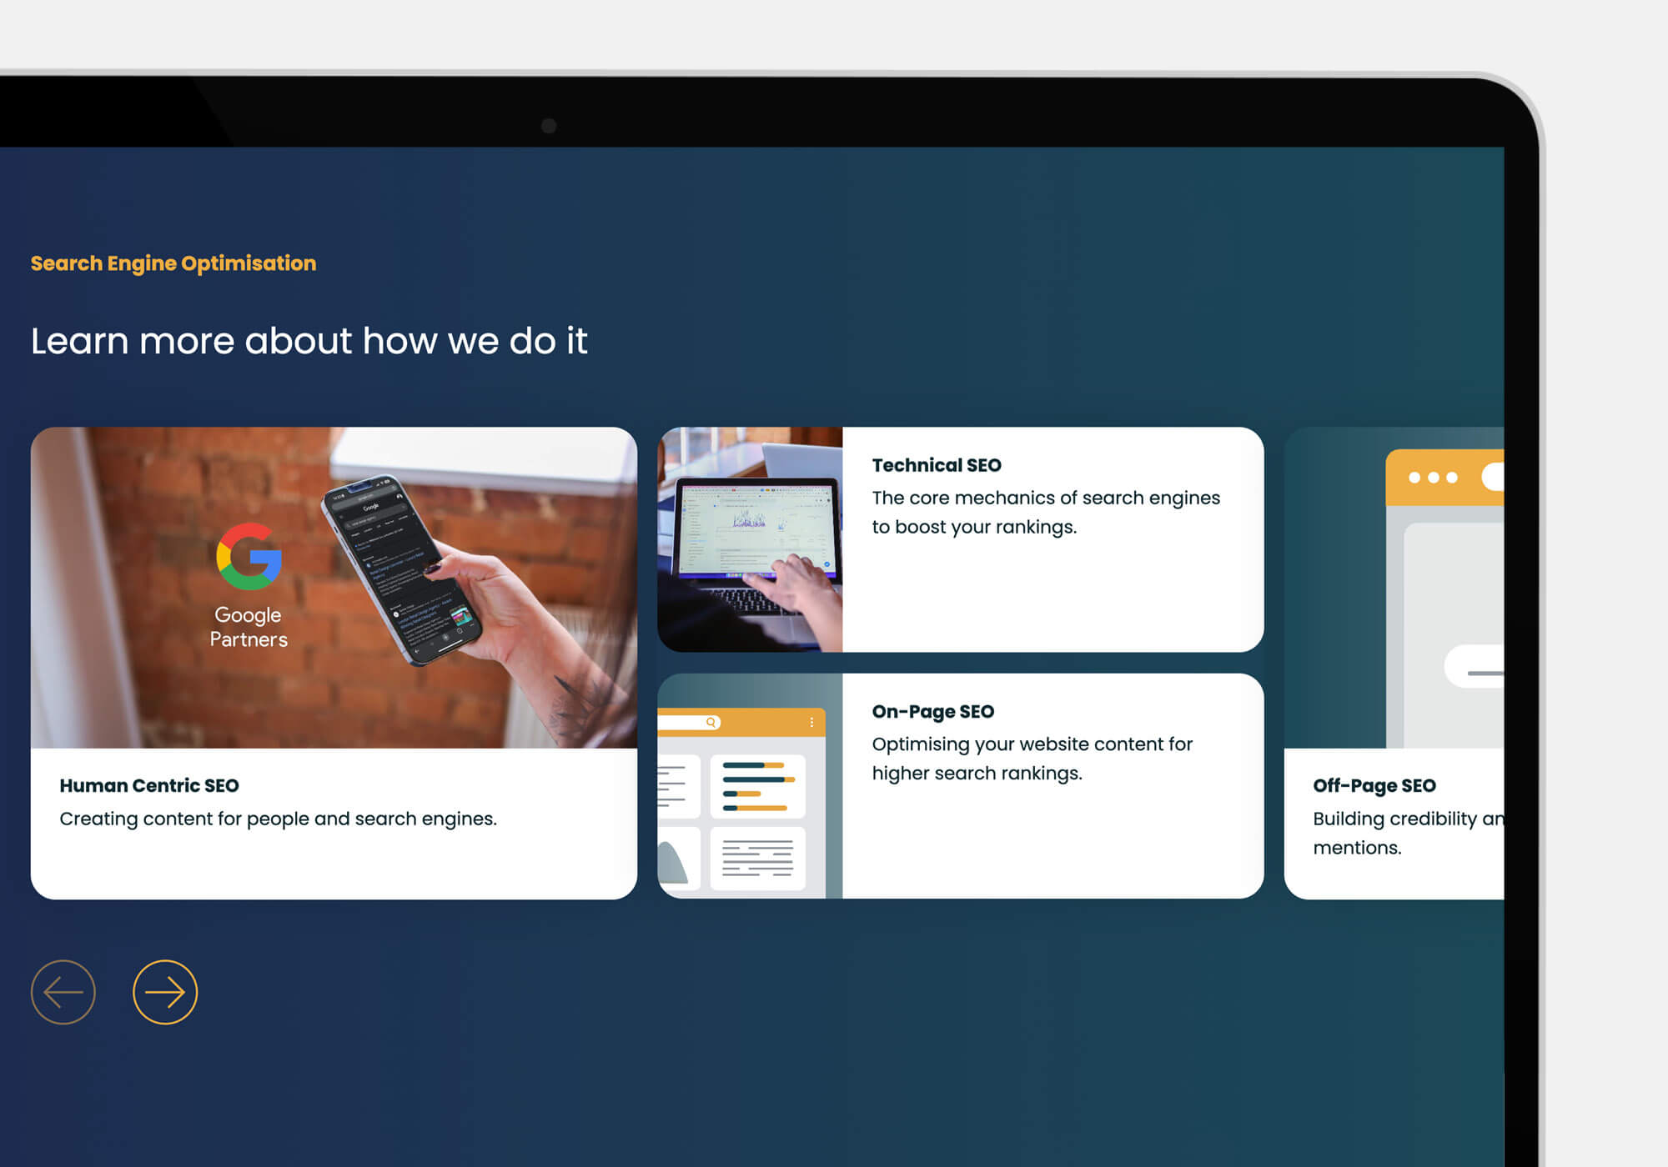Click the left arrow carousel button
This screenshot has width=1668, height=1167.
pyautogui.click(x=63, y=992)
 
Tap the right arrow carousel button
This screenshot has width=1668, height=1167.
pyautogui.click(x=165, y=992)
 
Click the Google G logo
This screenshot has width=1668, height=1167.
pyautogui.click(x=249, y=557)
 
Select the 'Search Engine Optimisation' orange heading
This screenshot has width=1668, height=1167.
pyautogui.click(x=173, y=263)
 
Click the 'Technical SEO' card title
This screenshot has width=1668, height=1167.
pyautogui.click(x=937, y=465)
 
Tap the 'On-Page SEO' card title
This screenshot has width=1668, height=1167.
pyautogui.click(x=933, y=712)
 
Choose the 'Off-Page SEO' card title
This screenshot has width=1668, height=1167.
pyautogui.click(x=1374, y=786)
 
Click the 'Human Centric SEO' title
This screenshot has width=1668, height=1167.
pyautogui.click(x=149, y=786)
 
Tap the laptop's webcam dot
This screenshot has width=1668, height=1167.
pyautogui.click(x=549, y=126)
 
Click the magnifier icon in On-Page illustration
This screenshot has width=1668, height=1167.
pyautogui.click(x=711, y=723)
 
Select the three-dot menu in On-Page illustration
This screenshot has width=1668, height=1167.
pyautogui.click(x=811, y=723)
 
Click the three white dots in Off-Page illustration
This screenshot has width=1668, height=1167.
pyautogui.click(x=1433, y=478)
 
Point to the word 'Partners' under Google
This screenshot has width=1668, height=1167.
pyautogui.click(x=249, y=639)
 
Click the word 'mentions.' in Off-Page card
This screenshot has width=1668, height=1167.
pyautogui.click(x=1357, y=848)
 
